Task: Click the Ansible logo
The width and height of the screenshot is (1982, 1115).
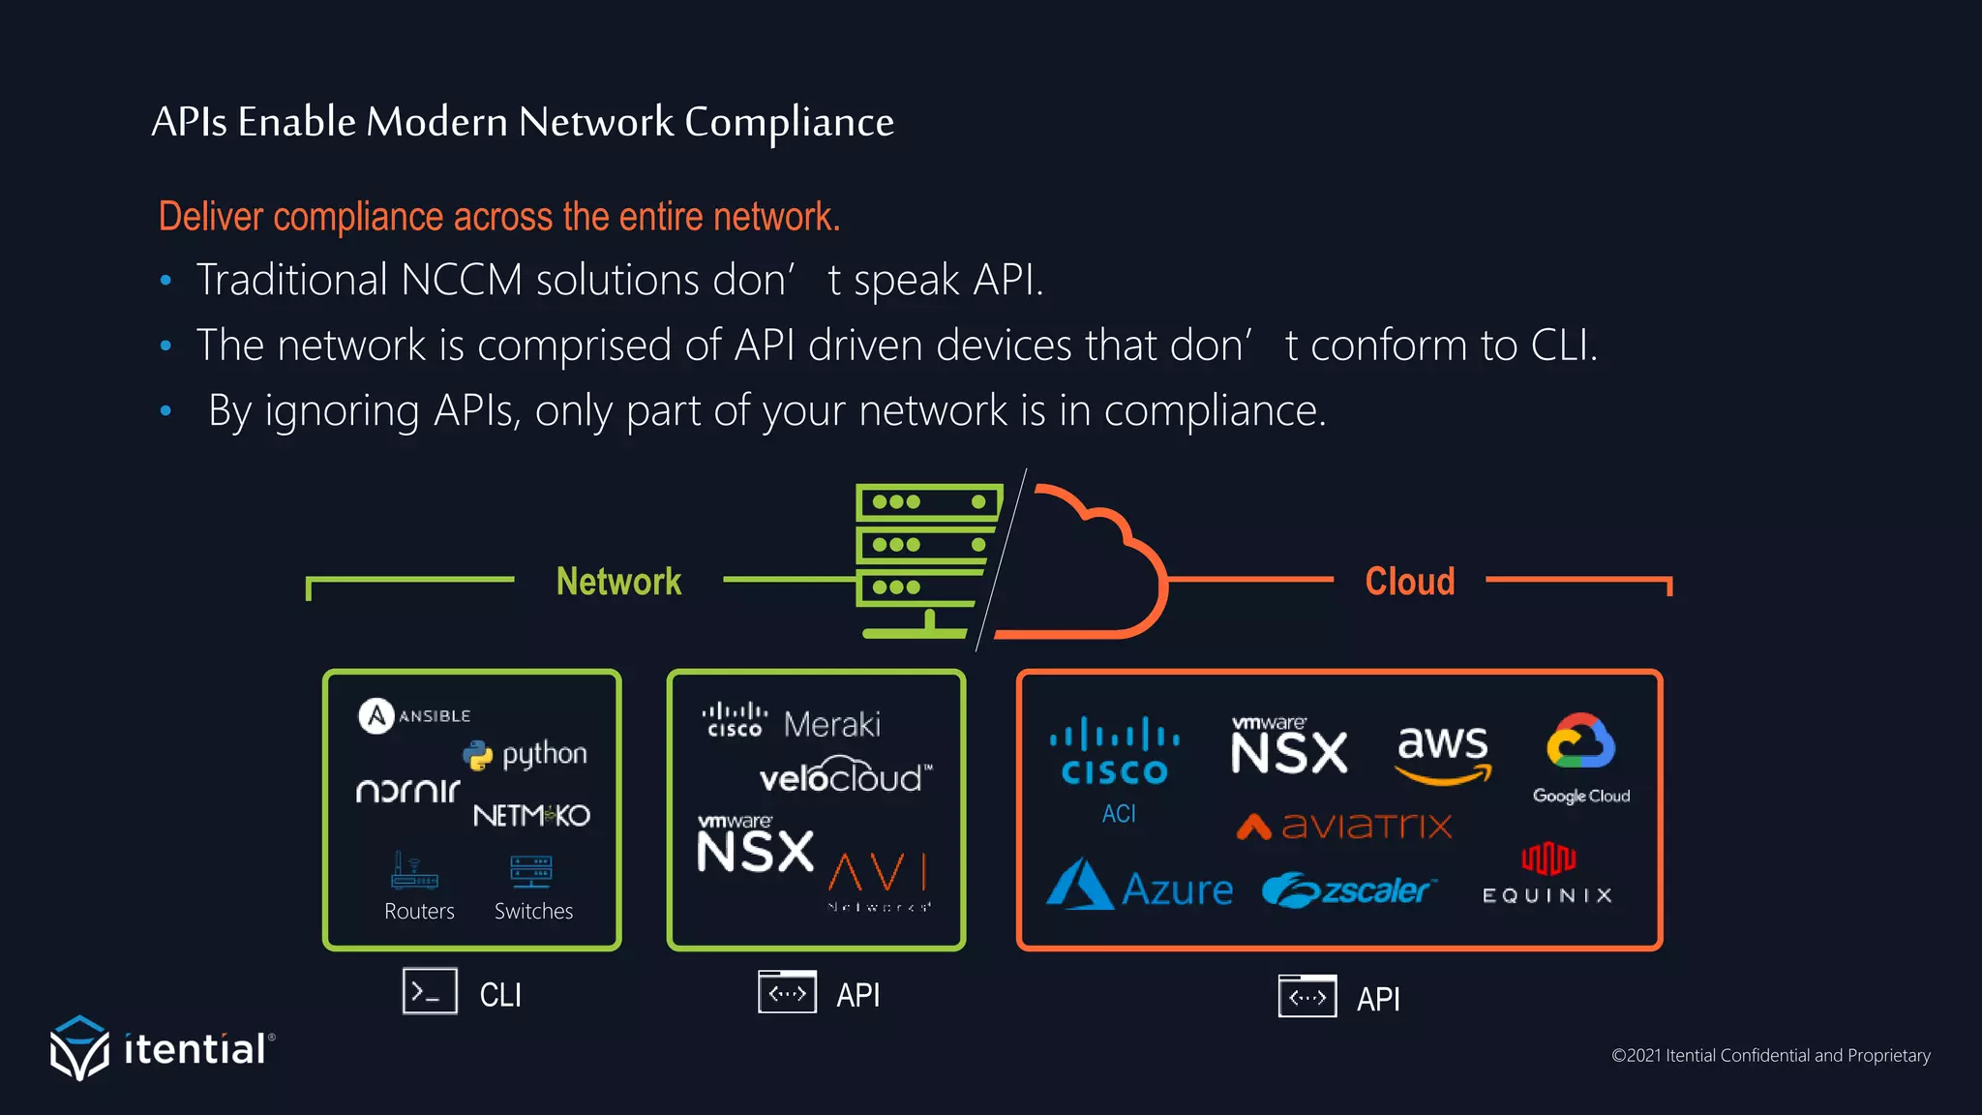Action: click(414, 716)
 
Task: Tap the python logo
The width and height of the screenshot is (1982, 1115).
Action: click(526, 754)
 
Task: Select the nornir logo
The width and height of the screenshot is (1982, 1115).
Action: click(407, 791)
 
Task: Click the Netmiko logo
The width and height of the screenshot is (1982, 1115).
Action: click(531, 815)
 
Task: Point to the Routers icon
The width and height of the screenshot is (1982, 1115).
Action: click(414, 870)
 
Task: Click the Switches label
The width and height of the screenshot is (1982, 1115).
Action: click(533, 911)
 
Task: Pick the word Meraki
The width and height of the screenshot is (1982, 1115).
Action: click(831, 724)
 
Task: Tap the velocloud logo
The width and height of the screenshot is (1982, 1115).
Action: click(845, 776)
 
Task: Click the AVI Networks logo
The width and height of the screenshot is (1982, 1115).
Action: click(878, 879)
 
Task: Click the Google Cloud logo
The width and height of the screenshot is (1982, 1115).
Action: click(1580, 759)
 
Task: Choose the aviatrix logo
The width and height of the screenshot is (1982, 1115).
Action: click(1344, 826)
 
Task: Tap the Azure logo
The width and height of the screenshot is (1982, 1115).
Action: click(1140, 886)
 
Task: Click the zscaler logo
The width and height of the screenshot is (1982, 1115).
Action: click(1349, 889)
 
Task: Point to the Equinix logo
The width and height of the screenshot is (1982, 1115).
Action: click(1547, 874)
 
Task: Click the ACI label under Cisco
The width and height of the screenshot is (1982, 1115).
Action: click(1118, 814)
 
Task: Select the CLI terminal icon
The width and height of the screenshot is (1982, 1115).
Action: click(430, 992)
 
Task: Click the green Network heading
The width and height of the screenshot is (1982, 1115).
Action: click(618, 582)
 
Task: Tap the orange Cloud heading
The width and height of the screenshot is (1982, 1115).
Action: click(1409, 582)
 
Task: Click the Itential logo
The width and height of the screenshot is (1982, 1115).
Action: click(162, 1048)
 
